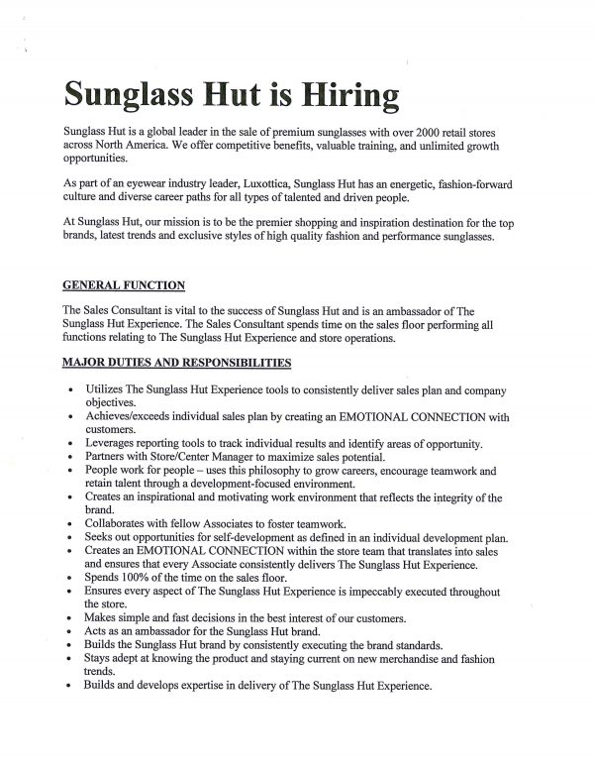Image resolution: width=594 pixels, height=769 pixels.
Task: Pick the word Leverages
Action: pos(117,442)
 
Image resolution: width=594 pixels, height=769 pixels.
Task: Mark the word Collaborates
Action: pos(124,521)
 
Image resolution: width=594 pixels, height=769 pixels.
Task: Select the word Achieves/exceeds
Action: pos(132,416)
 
